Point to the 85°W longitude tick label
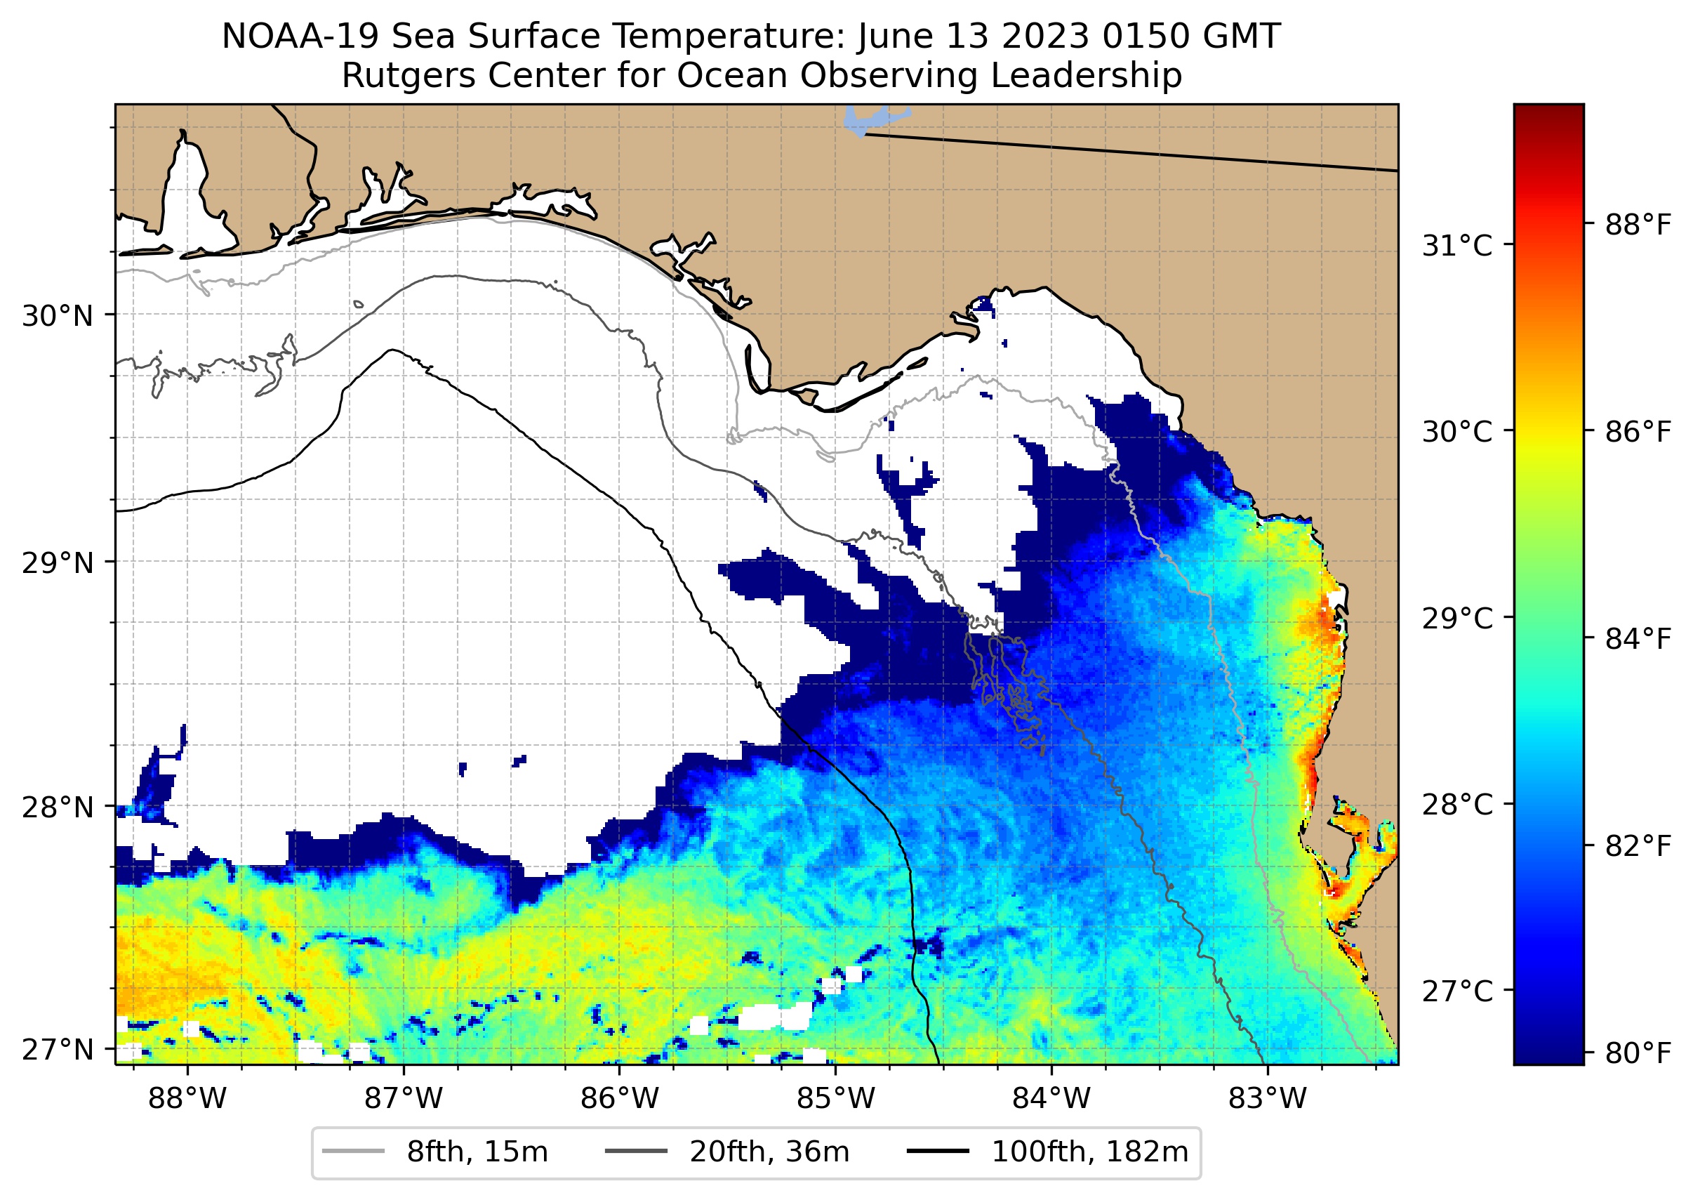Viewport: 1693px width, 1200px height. (x=835, y=1098)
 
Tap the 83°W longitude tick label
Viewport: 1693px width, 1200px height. (x=1268, y=1098)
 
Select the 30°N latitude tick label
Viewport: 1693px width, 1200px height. (x=58, y=316)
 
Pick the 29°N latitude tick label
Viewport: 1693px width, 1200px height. (x=58, y=563)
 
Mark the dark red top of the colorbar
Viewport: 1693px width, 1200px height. (x=1548, y=112)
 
